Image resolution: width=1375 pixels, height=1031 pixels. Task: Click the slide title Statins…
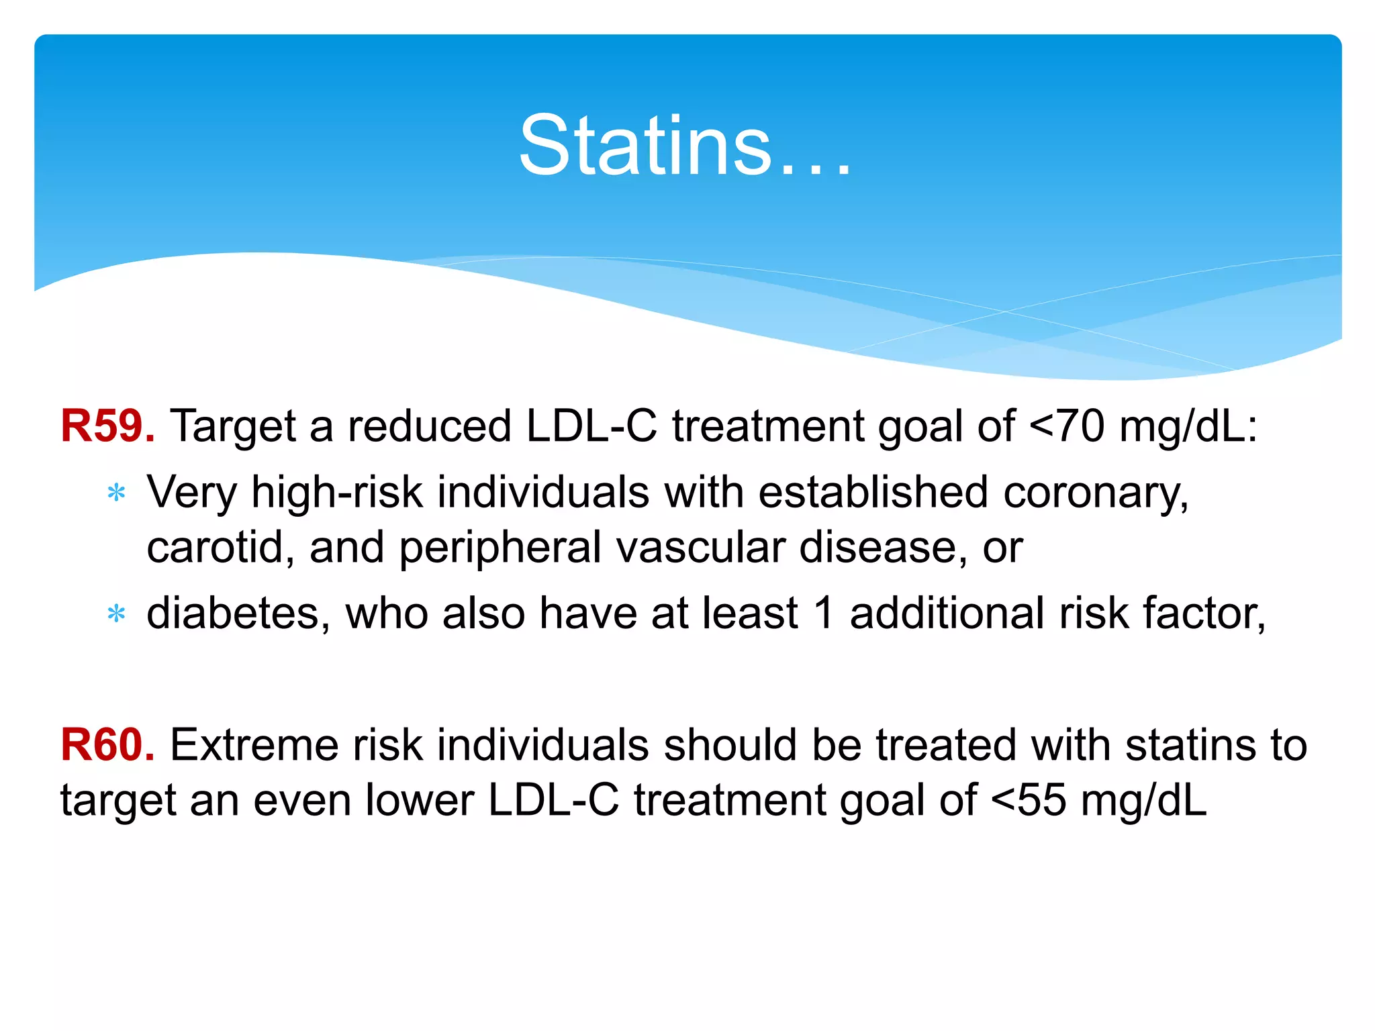tap(685, 146)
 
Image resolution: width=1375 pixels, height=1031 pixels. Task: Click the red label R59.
tap(107, 426)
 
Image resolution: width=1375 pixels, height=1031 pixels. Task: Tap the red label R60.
tap(107, 745)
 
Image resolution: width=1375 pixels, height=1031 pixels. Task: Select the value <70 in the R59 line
tap(1066, 426)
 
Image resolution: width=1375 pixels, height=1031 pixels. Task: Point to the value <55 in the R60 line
tap(1028, 800)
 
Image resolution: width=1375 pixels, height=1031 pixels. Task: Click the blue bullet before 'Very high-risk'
tap(117, 493)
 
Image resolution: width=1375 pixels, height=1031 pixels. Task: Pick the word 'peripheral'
tap(500, 548)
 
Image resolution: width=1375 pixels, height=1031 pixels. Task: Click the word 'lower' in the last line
tap(419, 800)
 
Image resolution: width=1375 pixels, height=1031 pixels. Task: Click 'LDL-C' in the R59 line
tap(591, 426)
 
